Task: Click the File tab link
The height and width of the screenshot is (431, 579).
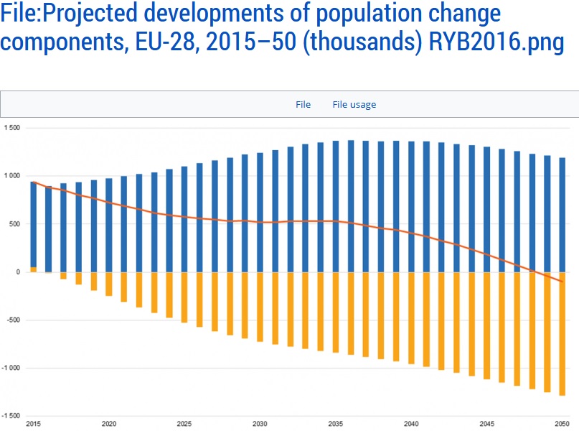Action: tap(303, 105)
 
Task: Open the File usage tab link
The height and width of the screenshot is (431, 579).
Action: tap(354, 105)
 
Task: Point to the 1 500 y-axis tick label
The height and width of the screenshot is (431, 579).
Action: tap(12, 128)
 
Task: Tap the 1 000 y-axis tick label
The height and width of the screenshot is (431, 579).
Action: tap(12, 176)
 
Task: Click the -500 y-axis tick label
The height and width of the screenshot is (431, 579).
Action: tap(14, 320)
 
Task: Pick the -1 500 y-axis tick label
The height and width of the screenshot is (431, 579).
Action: tap(11, 416)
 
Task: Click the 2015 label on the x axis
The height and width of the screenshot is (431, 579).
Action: tap(33, 424)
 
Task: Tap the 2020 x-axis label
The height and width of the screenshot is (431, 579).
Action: tap(109, 424)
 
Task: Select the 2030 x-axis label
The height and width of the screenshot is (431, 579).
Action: tap(260, 424)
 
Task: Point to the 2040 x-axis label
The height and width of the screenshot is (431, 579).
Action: tap(411, 424)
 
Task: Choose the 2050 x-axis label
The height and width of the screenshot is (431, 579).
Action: tap(562, 424)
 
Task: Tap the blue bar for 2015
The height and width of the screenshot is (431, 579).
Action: tap(33, 223)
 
